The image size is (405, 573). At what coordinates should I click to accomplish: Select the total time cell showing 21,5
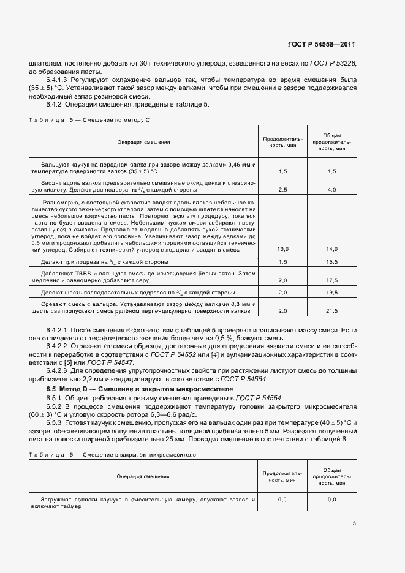point(332,311)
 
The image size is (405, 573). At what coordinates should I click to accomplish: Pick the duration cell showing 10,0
point(283,249)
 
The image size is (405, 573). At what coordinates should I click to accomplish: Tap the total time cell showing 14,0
point(332,249)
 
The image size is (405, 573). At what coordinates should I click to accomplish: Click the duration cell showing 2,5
point(283,190)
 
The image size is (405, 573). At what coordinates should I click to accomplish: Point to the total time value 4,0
point(332,190)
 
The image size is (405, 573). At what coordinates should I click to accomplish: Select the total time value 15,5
point(332,261)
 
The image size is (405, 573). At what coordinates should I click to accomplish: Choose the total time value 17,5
point(332,280)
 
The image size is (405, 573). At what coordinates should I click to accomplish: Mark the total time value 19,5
point(332,293)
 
